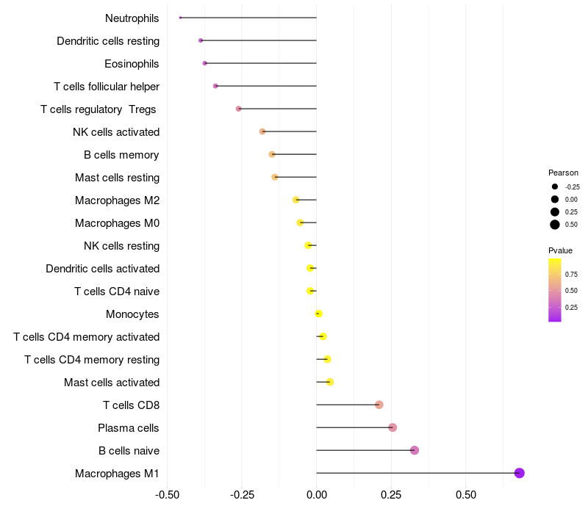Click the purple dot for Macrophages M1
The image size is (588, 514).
tap(519, 473)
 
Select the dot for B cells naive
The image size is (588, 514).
tap(415, 450)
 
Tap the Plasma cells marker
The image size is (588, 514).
tap(392, 427)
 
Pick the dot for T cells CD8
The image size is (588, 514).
tap(379, 405)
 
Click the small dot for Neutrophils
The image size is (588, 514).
tap(180, 18)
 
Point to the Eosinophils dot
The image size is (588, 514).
tap(205, 63)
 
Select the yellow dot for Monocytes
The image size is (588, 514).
tap(318, 314)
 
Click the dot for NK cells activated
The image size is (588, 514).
tap(262, 131)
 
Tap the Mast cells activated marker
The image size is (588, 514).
tap(329, 382)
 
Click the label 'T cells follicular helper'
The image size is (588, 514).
tap(107, 87)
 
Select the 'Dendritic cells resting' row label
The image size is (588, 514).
tap(108, 41)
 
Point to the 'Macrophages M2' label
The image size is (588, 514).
tap(117, 200)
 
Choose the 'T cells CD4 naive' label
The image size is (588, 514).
tap(117, 292)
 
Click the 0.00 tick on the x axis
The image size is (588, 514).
tap(316, 495)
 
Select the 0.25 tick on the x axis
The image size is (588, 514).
tap(391, 495)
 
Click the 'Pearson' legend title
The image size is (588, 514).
tap(563, 173)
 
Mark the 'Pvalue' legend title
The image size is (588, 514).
tap(560, 250)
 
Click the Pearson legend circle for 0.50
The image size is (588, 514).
tap(555, 225)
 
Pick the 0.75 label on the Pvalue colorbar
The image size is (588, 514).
tap(571, 275)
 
